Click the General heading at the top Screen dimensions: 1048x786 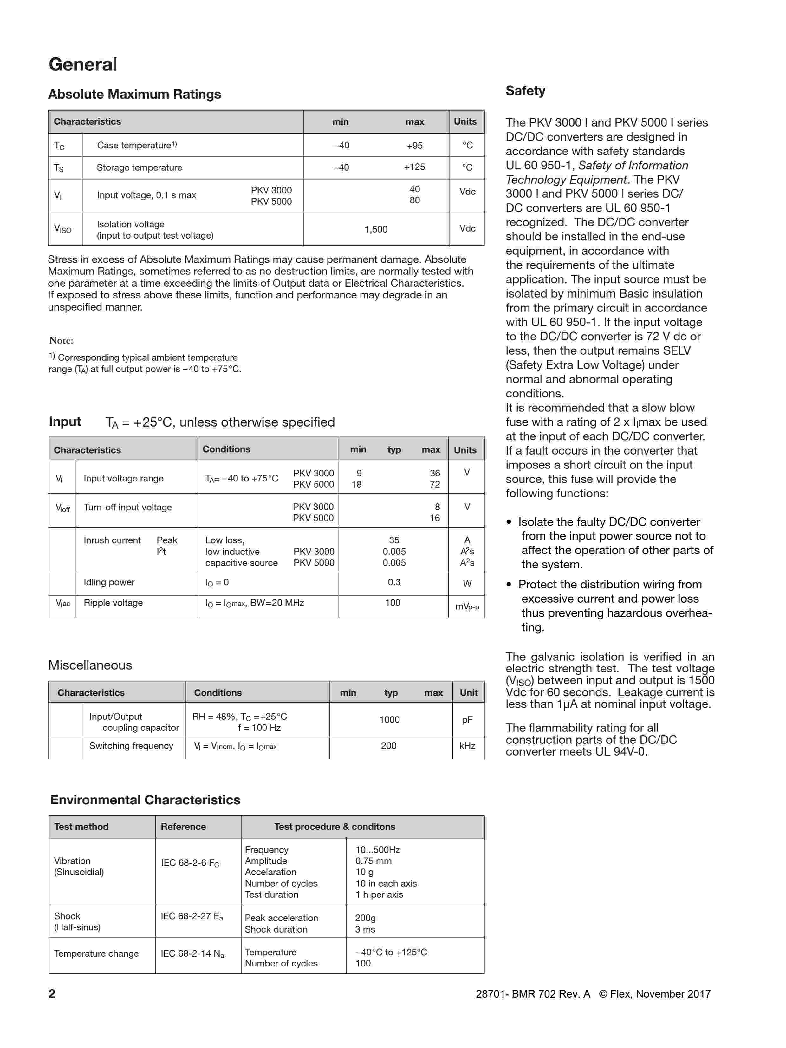pyautogui.click(x=83, y=64)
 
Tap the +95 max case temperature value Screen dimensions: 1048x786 pyautogui.click(x=414, y=146)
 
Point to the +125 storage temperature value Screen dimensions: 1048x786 pyautogui.click(x=414, y=167)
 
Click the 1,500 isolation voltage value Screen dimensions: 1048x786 pyautogui.click(x=376, y=229)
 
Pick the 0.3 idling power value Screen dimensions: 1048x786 pyautogui.click(x=394, y=582)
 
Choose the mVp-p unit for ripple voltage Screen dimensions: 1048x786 pyautogui.click(x=467, y=606)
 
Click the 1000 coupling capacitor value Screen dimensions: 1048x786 pyautogui.click(x=389, y=720)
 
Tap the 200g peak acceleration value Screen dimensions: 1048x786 pyautogui.click(x=365, y=918)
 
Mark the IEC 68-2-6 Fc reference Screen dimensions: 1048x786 pyautogui.click(x=190, y=863)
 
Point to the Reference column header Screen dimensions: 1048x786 pyautogui.click(x=183, y=827)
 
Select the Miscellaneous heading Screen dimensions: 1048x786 pyautogui.click(x=90, y=665)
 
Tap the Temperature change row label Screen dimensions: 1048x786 pyautogui.click(x=96, y=953)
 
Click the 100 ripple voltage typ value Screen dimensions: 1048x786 pyautogui.click(x=393, y=603)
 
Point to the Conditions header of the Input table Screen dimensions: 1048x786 pyautogui.click(x=226, y=449)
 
